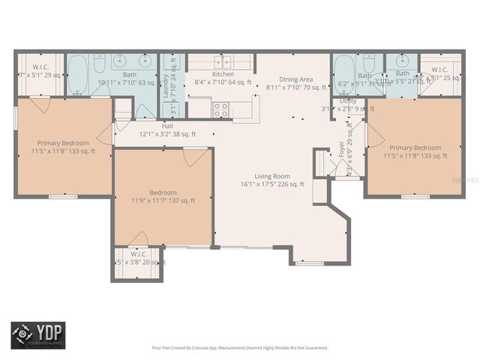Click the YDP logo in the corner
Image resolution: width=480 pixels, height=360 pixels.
(37, 335)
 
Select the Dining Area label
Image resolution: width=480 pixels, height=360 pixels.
(295, 79)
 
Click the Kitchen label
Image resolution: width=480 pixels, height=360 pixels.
(223, 74)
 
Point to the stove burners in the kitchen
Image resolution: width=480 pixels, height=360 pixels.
(220, 109)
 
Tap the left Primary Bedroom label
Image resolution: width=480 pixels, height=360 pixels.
(64, 143)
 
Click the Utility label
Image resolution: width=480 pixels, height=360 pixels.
(348, 100)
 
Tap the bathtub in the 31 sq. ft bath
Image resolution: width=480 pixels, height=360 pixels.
(343, 73)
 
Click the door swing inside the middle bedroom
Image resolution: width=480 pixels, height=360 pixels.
(195, 157)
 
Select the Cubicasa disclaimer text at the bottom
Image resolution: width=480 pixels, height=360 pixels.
(240, 347)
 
